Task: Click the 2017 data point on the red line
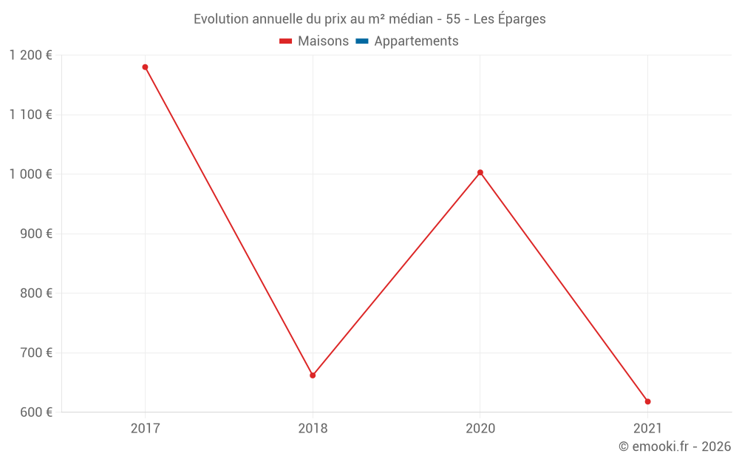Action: pos(145,67)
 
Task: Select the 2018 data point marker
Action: pos(313,376)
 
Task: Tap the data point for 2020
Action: pos(480,173)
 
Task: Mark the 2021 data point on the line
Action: pos(647,401)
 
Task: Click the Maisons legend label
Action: pos(323,41)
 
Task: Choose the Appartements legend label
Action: pos(416,41)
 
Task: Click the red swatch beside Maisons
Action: pos(286,41)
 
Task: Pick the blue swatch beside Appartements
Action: pos(362,41)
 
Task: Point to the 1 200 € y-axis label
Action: pos(31,55)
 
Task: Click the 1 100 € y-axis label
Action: pos(31,115)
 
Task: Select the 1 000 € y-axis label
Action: pos(31,174)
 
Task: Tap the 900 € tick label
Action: pos(35,234)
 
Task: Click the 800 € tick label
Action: pos(35,293)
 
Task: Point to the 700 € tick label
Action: pos(35,353)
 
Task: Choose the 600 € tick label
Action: pos(35,412)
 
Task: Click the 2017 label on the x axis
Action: pos(145,428)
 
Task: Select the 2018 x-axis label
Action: pos(313,428)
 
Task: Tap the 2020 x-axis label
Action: pos(480,428)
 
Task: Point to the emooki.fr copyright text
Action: pos(675,446)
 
